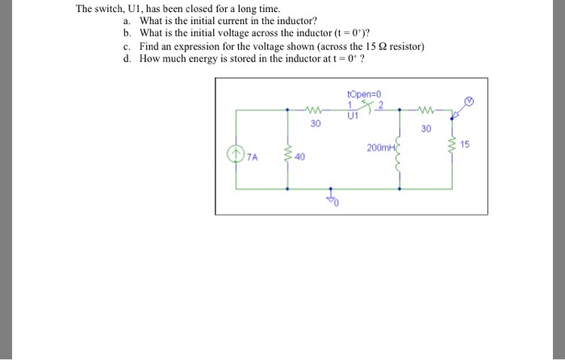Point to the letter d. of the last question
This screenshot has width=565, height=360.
tap(128, 59)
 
